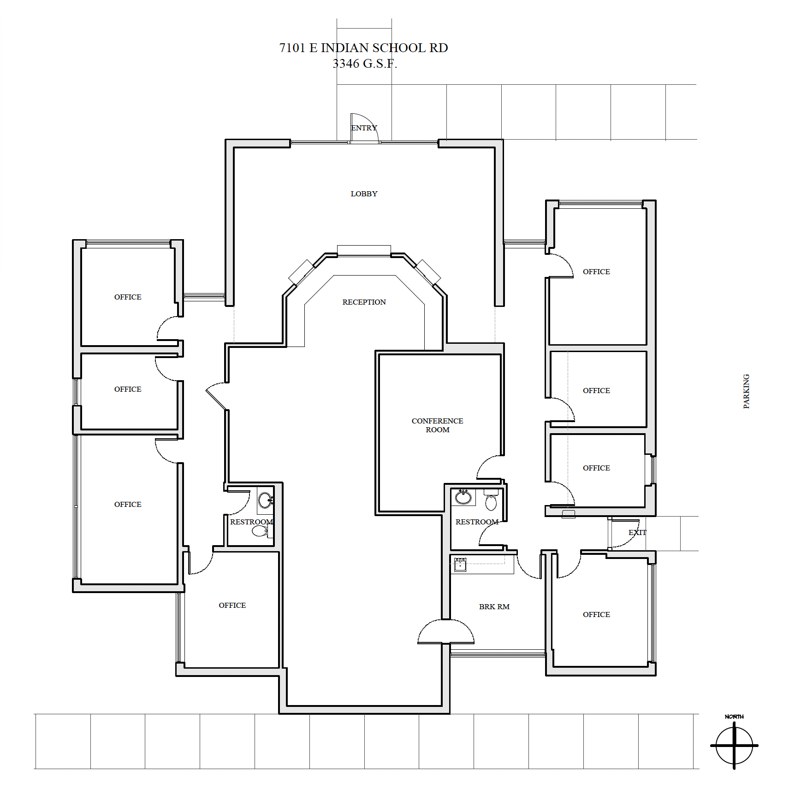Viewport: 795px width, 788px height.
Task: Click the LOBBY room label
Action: pyautogui.click(x=364, y=194)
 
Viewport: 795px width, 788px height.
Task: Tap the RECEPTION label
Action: pyautogui.click(x=364, y=302)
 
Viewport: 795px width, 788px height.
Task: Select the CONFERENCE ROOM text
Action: pyautogui.click(x=437, y=425)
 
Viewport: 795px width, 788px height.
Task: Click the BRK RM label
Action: pyautogui.click(x=494, y=607)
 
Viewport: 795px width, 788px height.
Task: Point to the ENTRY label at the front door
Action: pyautogui.click(x=364, y=128)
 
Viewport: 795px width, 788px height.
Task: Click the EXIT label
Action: pyautogui.click(x=637, y=533)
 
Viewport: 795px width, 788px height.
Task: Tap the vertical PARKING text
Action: pyautogui.click(x=746, y=391)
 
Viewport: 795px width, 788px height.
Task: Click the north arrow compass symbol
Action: pyautogui.click(x=734, y=744)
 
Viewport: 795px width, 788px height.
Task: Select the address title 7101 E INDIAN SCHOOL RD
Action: pyautogui.click(x=363, y=48)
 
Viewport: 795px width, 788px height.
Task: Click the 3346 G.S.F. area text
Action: pyautogui.click(x=364, y=64)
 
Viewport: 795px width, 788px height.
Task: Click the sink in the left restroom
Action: pyautogui.click(x=265, y=500)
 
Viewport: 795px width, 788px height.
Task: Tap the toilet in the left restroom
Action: pyautogui.click(x=261, y=531)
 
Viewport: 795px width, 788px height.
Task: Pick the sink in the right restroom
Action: pyautogui.click(x=463, y=497)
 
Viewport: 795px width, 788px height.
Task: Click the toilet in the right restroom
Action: pyautogui.click(x=491, y=501)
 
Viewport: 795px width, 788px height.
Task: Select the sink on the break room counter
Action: pyautogui.click(x=460, y=565)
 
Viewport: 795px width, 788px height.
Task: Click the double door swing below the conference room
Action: pyautogui.click(x=446, y=632)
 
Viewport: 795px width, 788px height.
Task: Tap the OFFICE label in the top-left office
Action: pyautogui.click(x=128, y=297)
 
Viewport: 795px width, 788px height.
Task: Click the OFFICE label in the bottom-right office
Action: pyautogui.click(x=596, y=615)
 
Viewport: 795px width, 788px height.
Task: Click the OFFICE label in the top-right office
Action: pyautogui.click(x=596, y=272)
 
